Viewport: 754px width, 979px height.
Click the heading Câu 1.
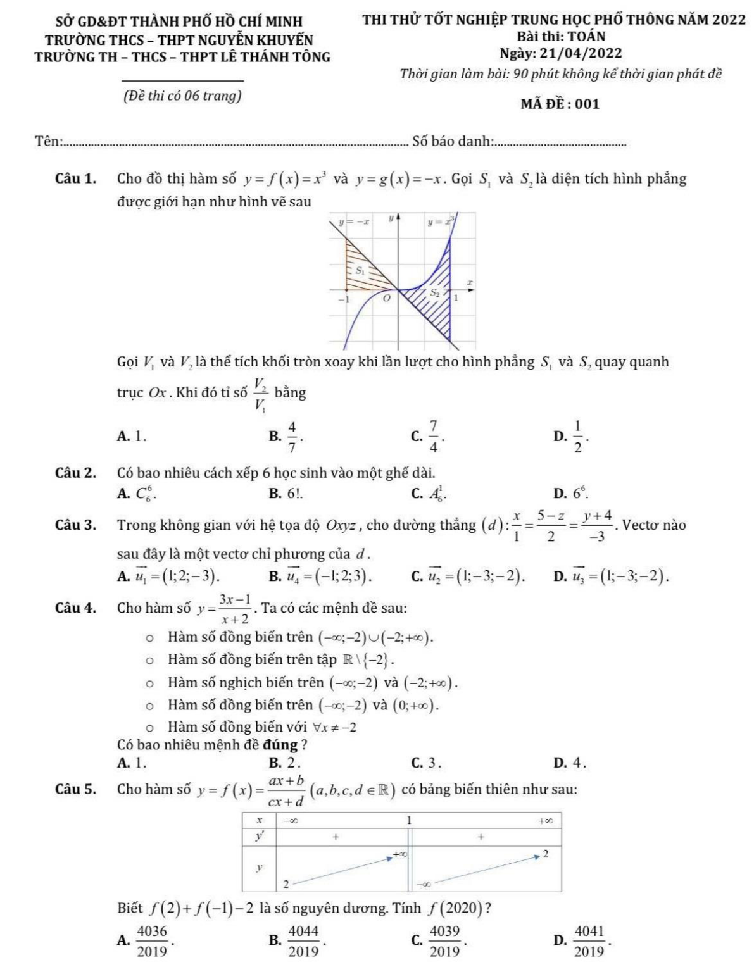click(75, 178)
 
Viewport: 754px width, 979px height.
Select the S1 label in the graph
click(360, 270)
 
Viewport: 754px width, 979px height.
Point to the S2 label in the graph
click(435, 293)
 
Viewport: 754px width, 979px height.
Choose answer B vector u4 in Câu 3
click(324, 575)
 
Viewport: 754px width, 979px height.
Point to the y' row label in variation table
click(259, 837)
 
